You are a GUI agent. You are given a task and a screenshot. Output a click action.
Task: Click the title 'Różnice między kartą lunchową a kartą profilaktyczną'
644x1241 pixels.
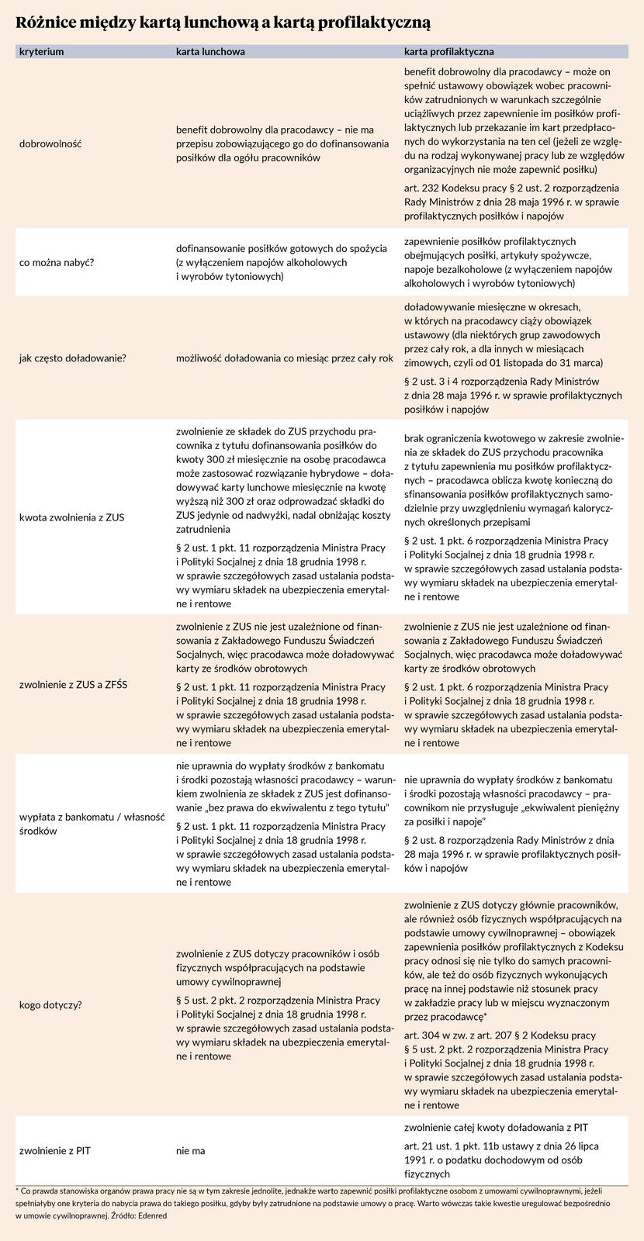pos(224,22)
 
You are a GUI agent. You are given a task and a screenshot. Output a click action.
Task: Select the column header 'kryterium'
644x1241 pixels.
pos(41,52)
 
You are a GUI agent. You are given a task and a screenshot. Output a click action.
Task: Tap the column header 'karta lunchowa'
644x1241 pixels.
pos(211,52)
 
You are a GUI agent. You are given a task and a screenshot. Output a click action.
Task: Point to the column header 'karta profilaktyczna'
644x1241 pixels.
pos(449,52)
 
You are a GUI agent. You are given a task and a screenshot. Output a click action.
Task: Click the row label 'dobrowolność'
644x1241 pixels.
pos(50,143)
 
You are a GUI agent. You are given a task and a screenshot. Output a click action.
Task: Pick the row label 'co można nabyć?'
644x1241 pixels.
pos(58,262)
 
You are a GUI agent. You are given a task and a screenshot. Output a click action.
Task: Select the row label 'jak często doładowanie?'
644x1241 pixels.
pos(73,358)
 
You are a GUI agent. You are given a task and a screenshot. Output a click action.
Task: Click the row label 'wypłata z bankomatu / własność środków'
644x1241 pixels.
pos(92,824)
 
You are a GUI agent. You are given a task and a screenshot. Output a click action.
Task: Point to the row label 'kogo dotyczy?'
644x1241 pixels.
pos(50,1005)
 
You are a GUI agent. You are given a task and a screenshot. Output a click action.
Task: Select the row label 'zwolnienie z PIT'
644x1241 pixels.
pos(54,1150)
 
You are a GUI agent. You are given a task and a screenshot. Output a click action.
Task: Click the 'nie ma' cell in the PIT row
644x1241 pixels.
pos(191,1150)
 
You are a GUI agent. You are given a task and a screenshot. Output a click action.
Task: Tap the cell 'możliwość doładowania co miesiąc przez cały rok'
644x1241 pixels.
pos(285,358)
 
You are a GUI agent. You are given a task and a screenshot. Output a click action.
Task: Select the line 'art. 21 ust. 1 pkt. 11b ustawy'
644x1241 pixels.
pos(501,1146)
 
